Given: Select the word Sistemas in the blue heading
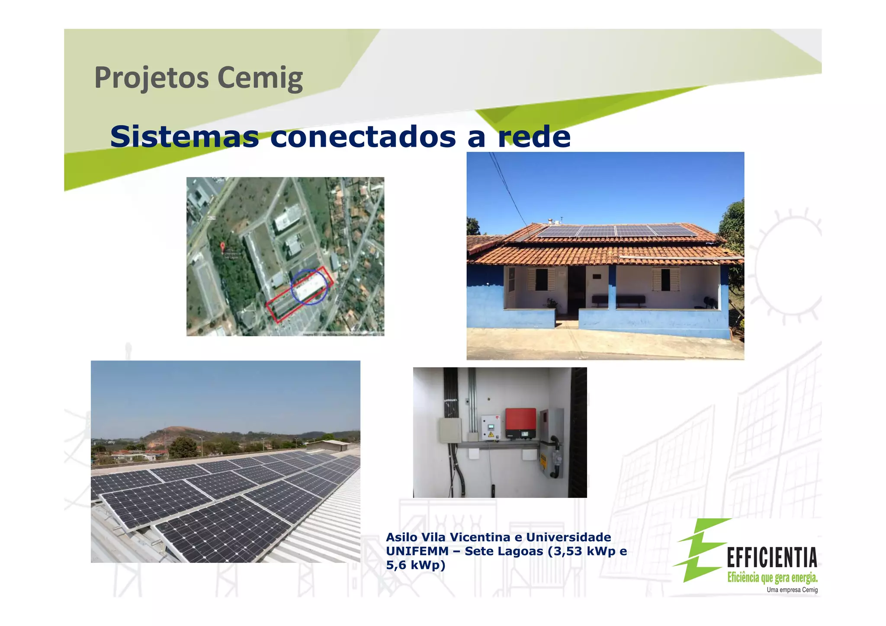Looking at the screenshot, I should click(x=184, y=136).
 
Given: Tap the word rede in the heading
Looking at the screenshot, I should click(x=534, y=136).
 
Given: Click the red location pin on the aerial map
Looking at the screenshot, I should click(x=223, y=247).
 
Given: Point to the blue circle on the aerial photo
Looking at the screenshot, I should click(x=309, y=286).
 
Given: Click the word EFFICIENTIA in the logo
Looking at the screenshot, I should click(x=772, y=557).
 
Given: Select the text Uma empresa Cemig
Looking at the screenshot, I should click(x=792, y=590).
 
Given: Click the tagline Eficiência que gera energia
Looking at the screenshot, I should click(x=772, y=577).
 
